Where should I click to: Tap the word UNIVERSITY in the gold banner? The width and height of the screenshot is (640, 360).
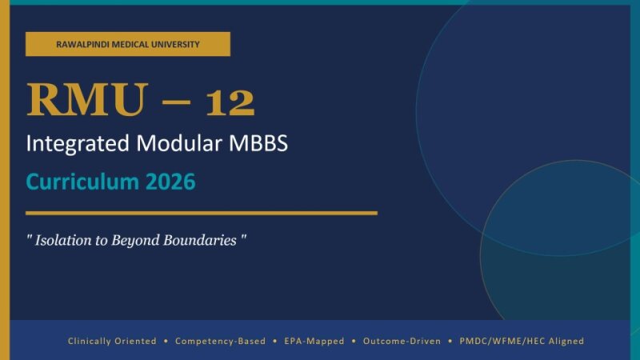(173, 44)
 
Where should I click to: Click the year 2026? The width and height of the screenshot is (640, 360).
(170, 182)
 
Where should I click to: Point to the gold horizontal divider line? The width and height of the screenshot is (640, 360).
(201, 213)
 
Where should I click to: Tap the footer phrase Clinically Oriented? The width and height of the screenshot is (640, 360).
(112, 341)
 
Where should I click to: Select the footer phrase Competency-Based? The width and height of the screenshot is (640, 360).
(220, 341)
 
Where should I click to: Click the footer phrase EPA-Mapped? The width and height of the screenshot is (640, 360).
(314, 341)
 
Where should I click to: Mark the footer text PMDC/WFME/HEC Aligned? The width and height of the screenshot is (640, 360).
(522, 341)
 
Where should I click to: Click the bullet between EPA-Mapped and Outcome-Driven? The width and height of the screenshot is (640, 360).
(354, 341)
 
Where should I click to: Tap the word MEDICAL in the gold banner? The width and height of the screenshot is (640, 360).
(128, 44)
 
